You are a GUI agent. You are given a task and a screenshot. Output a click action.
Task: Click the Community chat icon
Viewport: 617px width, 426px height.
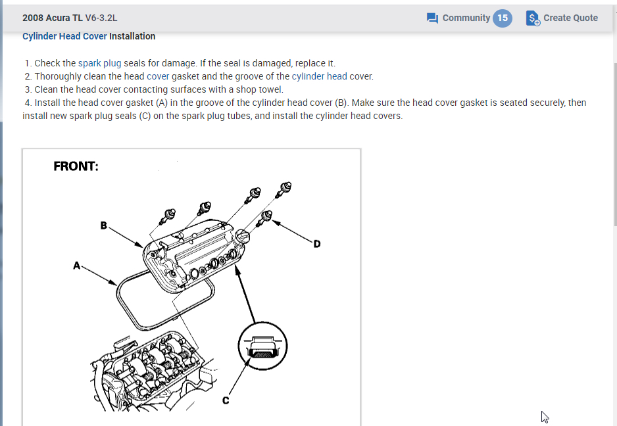pos(432,18)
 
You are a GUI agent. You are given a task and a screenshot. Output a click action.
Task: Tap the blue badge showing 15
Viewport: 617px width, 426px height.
pos(503,18)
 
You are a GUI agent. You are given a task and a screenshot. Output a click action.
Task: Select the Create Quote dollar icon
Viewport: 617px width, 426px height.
pos(533,18)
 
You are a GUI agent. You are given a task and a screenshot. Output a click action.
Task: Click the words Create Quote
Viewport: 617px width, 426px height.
pos(570,18)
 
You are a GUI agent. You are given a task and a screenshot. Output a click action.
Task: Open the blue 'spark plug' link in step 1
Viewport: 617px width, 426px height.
pos(99,63)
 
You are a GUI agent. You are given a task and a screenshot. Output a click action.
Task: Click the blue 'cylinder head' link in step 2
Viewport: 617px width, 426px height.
pos(319,76)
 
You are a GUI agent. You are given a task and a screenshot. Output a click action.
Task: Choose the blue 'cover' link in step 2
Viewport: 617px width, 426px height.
pos(158,76)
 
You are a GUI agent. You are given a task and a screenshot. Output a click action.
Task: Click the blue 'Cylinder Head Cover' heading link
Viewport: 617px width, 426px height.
pos(64,36)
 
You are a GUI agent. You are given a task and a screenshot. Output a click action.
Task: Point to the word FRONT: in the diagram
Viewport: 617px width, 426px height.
pos(76,166)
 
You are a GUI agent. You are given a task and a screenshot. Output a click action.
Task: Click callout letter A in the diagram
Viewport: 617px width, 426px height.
pos(77,266)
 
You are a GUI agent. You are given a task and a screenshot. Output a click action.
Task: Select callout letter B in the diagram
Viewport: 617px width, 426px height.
pos(103,225)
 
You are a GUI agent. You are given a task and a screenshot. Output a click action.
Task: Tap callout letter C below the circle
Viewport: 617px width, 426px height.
pos(225,400)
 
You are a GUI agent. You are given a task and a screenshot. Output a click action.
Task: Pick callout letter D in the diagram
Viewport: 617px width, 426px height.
pos(317,244)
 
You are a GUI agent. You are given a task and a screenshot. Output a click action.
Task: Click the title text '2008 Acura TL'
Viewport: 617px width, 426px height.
pos(52,18)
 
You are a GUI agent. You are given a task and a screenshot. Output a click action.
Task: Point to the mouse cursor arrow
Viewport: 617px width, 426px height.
pos(545,416)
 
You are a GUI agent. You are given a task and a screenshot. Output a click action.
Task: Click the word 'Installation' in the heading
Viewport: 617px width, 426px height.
pos(132,36)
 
